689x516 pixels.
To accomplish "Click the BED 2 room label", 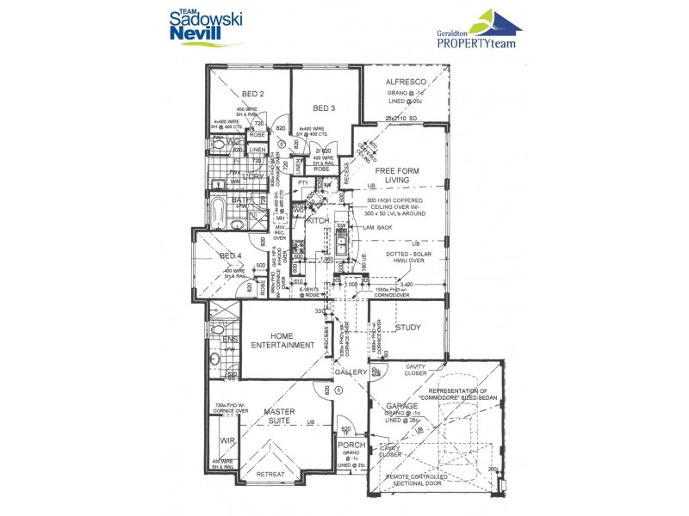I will (x=252, y=94).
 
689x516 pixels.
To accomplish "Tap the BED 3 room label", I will (x=323, y=108).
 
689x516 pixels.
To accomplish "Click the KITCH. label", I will (x=320, y=222).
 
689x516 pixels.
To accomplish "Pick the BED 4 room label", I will (x=229, y=256).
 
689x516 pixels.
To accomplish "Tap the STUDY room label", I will (x=407, y=327).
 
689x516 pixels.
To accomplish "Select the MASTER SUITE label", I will (x=280, y=417).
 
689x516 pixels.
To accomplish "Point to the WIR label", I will (x=227, y=440).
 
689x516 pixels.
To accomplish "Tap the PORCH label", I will (x=352, y=445).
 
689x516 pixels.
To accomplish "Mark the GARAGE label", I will (x=401, y=405).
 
